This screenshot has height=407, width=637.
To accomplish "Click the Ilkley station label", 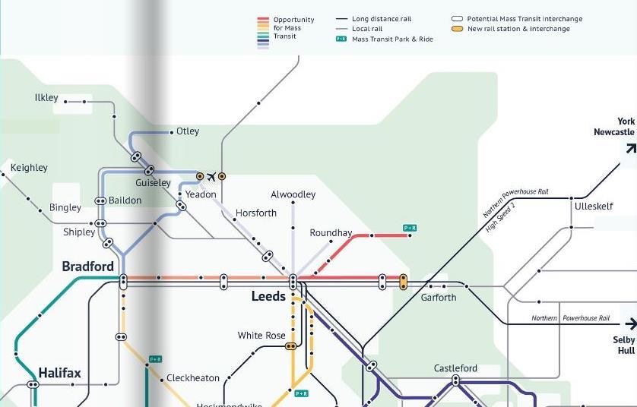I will pyautogui.click(x=46, y=98).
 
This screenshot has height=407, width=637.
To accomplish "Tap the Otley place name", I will pyautogui.click(x=188, y=131).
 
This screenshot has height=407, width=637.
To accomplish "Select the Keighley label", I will pyautogui.click(x=29, y=168).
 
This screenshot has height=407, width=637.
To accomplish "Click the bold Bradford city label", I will pyautogui.click(x=87, y=267).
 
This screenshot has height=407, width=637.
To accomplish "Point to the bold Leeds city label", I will pyautogui.click(x=268, y=296).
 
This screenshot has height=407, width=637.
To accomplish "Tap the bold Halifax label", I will pyautogui.click(x=59, y=373).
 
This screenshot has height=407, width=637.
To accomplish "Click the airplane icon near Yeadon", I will pyautogui.click(x=211, y=177).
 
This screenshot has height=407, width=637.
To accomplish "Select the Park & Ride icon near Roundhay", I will pyautogui.click(x=410, y=228).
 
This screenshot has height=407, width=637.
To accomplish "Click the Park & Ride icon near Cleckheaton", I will pyautogui.click(x=155, y=359).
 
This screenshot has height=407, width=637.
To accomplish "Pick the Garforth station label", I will pyautogui.click(x=439, y=298).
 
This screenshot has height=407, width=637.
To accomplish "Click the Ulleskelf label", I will pyautogui.click(x=594, y=207).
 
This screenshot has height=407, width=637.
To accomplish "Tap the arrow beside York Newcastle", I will pyautogui.click(x=630, y=148).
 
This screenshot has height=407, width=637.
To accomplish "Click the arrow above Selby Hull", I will pyautogui.click(x=629, y=323).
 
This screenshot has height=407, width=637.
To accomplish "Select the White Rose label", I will pyautogui.click(x=261, y=336).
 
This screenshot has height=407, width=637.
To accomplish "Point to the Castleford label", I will pyautogui.click(x=455, y=368).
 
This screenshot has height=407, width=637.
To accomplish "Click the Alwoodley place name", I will pyautogui.click(x=293, y=194).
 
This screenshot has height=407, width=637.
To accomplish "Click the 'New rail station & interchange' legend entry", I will pyautogui.click(x=518, y=29).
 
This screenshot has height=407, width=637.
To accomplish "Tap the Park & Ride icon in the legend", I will pyautogui.click(x=341, y=39).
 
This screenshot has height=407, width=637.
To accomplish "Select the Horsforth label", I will pyautogui.click(x=256, y=213).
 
